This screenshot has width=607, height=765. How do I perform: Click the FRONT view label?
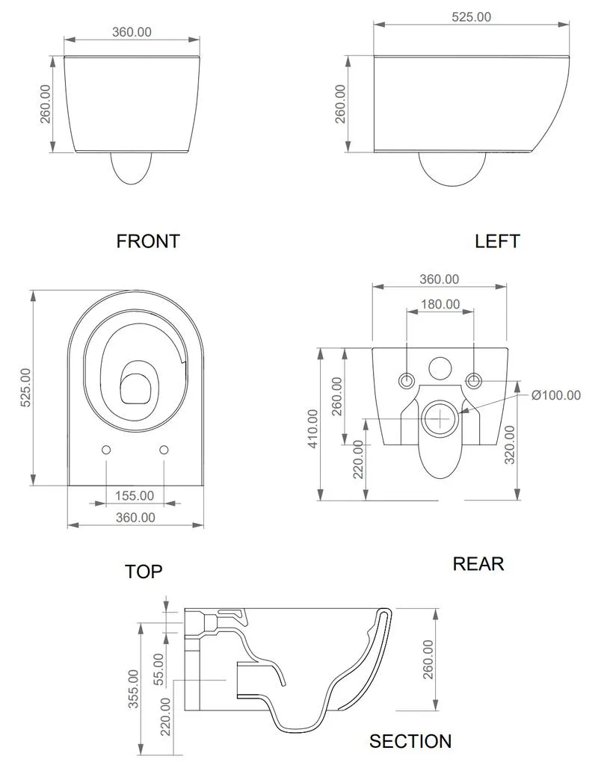[148, 241]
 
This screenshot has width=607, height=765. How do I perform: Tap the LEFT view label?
[497, 241]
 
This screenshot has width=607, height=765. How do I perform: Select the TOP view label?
[144, 572]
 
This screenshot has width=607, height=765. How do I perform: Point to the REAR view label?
[478, 563]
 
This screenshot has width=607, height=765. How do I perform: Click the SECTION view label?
[410, 741]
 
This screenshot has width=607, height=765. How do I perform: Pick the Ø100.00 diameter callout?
[556, 395]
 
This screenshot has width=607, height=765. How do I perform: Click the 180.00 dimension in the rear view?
[440, 305]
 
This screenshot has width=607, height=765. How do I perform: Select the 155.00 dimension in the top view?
[135, 496]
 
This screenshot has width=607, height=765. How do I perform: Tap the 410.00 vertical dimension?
[313, 428]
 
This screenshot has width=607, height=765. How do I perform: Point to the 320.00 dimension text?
[509, 445]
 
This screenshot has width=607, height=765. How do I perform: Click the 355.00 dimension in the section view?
[133, 688]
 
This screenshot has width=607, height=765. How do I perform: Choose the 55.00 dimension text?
[159, 669]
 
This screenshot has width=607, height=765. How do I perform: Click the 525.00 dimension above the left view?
[471, 17]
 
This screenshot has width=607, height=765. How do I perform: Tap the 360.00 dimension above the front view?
[132, 32]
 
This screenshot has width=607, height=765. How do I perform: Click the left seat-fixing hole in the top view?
[106, 449]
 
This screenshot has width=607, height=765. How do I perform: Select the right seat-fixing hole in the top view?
[164, 449]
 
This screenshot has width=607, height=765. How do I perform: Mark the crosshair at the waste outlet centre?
[440, 418]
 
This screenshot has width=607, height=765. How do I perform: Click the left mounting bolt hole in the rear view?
[407, 380]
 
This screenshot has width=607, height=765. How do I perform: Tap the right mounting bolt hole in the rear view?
[473, 380]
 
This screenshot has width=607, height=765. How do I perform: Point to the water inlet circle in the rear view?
[440, 368]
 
